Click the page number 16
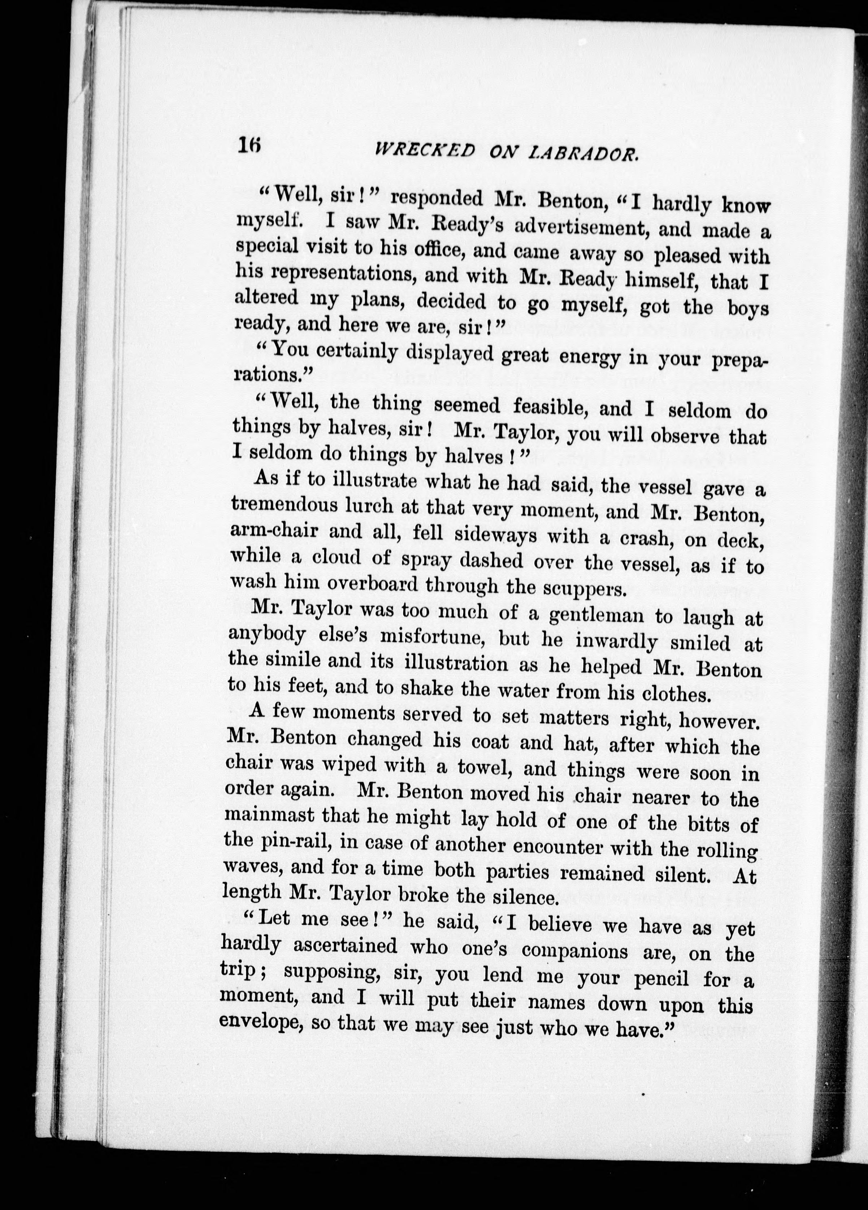[x=249, y=145]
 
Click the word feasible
[x=550, y=407]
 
